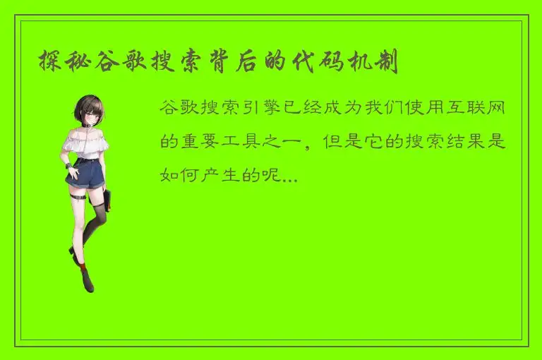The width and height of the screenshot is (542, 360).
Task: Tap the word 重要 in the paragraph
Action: tap(203, 141)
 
